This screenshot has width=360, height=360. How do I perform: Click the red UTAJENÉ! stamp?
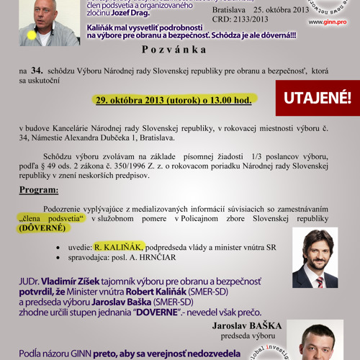click(x=317, y=98)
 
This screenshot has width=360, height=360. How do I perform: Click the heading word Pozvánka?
click(x=181, y=50)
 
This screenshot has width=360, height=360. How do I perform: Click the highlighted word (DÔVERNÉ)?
click(x=42, y=228)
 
